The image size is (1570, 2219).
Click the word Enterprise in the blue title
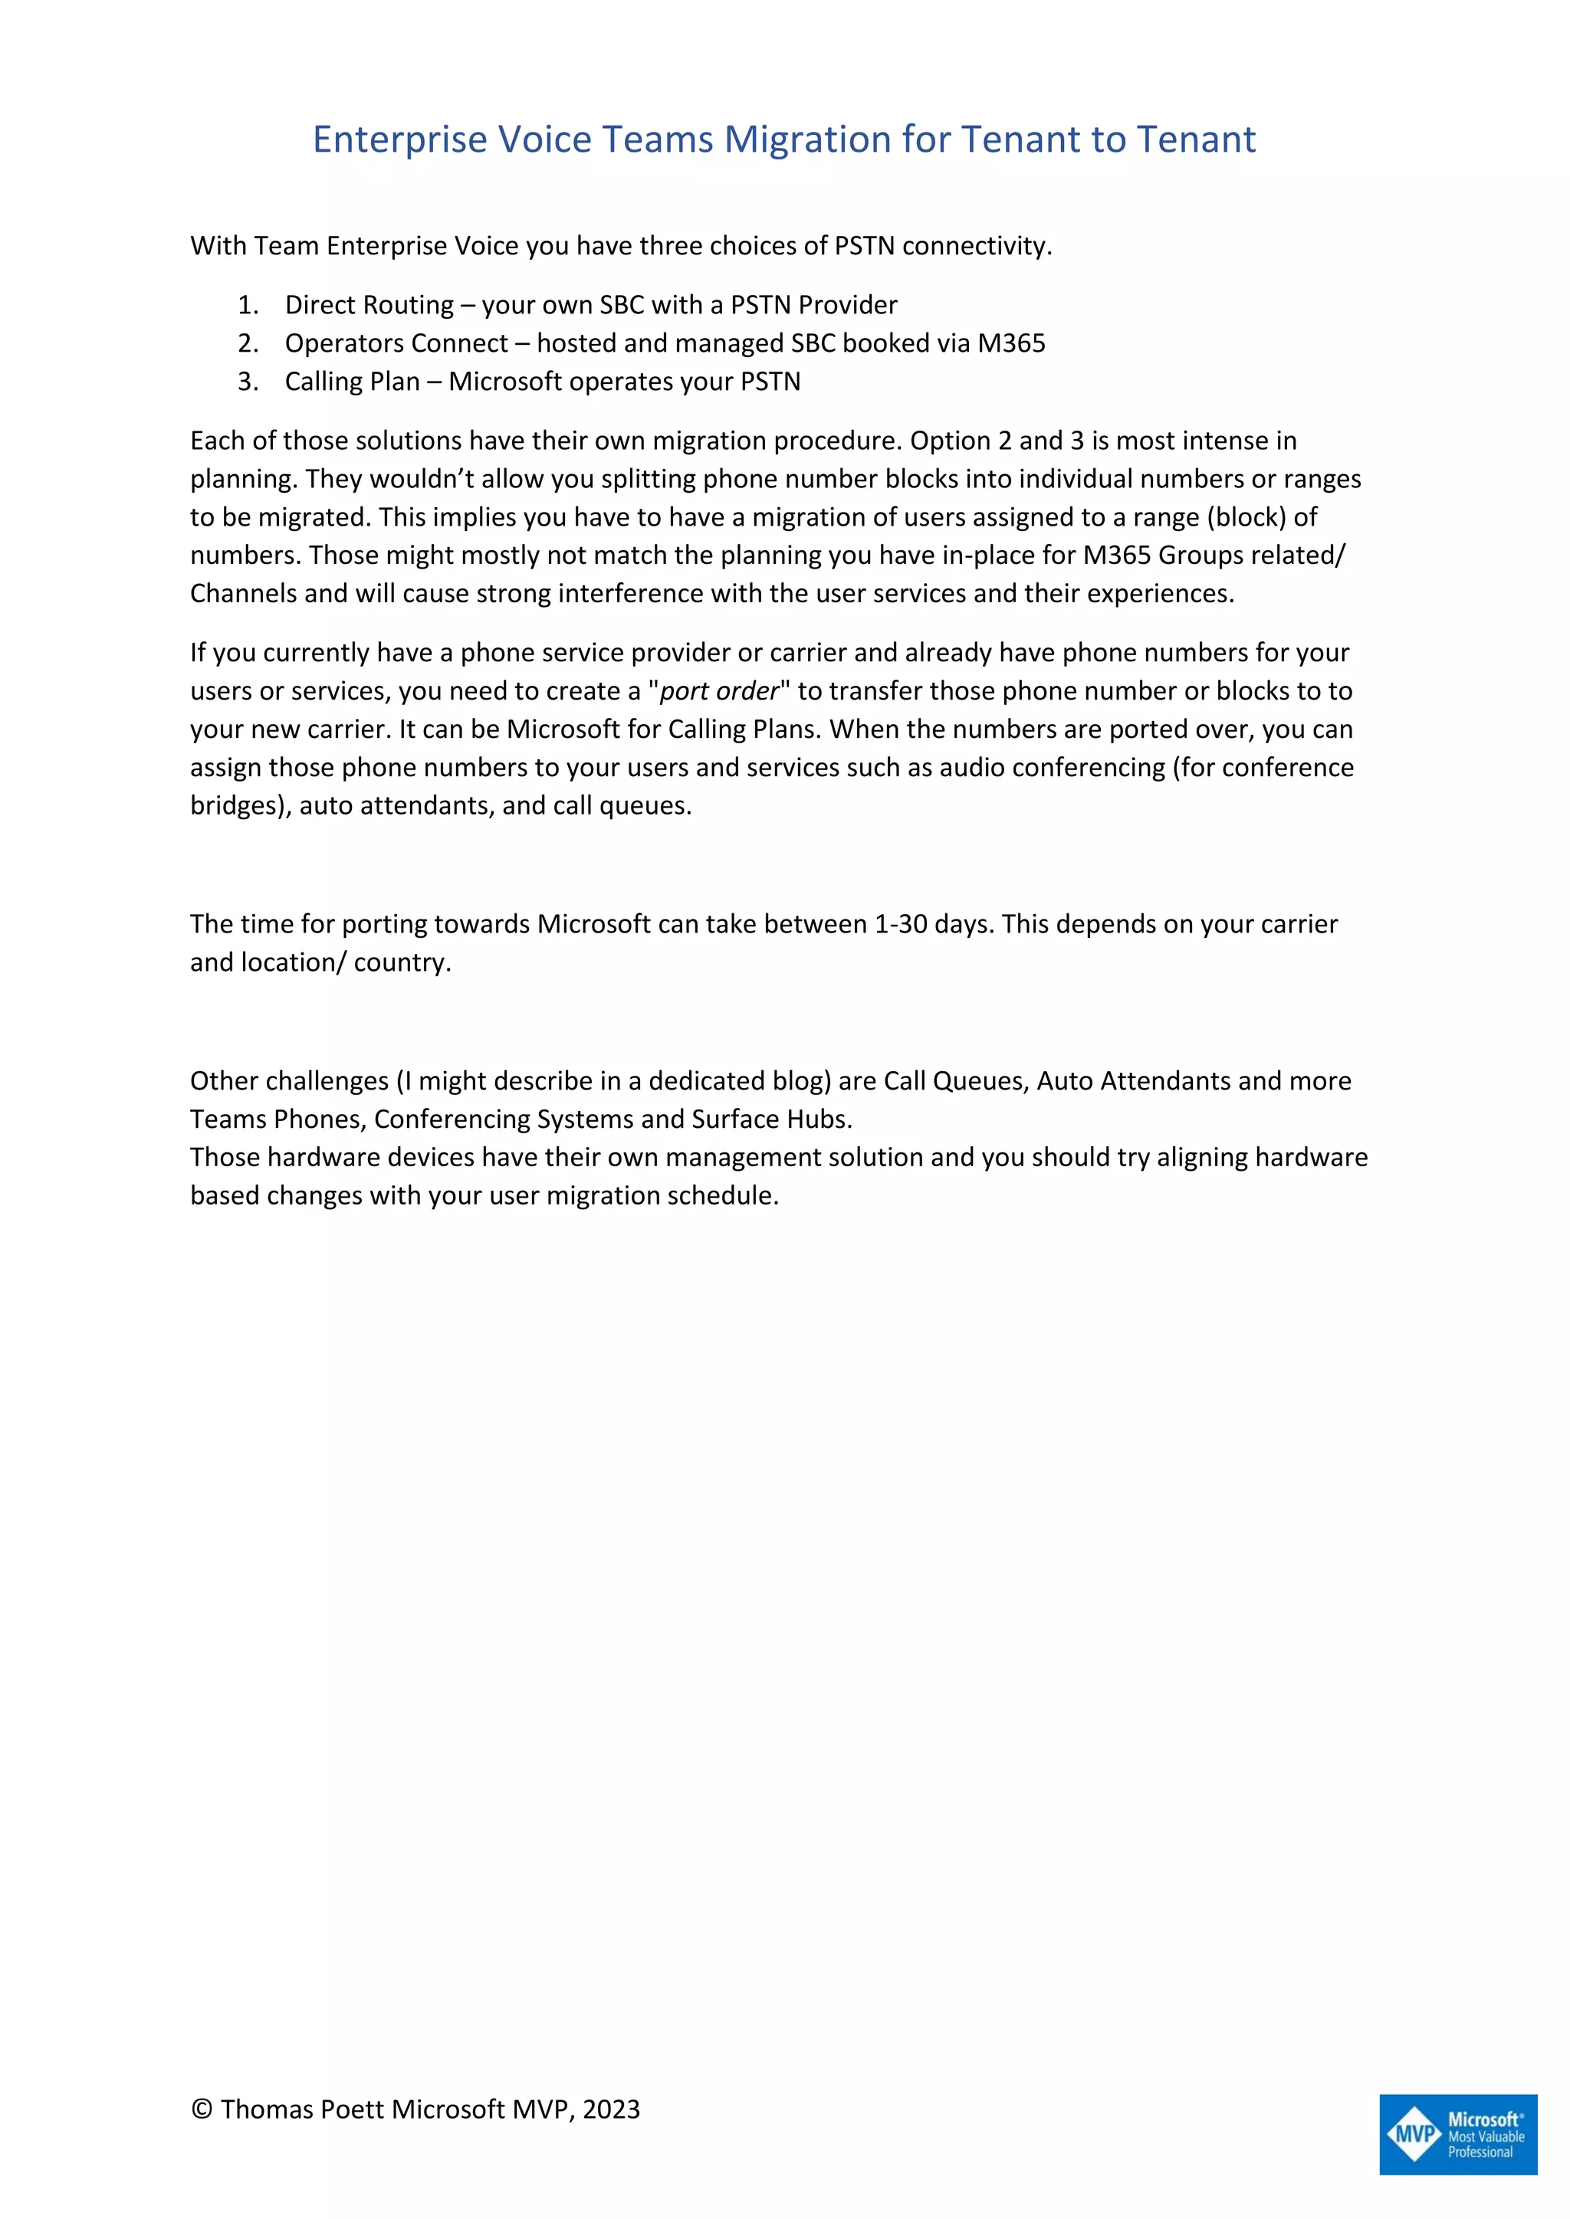click(399, 140)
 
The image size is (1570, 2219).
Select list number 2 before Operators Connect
click(248, 343)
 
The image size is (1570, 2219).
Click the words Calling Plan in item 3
click(352, 382)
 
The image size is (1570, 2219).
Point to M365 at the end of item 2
click(1011, 343)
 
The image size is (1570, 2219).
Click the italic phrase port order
click(718, 691)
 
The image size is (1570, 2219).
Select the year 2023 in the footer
click(611, 2109)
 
